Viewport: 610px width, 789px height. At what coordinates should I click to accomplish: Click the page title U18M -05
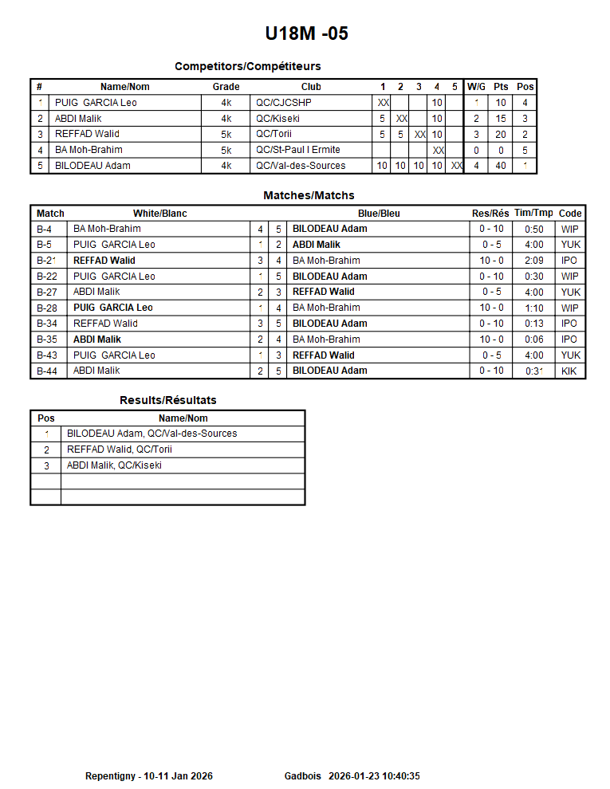[306, 33]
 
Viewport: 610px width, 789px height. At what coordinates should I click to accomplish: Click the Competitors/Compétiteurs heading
[247, 67]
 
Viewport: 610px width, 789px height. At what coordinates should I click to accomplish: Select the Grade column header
[226, 87]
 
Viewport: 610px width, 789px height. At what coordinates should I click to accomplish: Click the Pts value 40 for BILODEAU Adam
[501, 166]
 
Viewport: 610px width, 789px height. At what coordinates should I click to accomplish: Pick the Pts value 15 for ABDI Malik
[501, 119]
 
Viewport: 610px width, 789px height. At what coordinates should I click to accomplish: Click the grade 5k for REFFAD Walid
[226, 135]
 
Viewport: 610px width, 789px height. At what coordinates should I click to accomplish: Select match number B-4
[45, 230]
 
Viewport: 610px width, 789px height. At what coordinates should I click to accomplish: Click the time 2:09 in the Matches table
[533, 261]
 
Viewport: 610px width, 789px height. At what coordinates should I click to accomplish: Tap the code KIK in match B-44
[570, 371]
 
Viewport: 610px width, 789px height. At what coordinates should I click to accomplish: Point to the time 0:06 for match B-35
[533, 340]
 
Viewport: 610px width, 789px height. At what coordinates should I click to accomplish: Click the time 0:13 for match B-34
[533, 324]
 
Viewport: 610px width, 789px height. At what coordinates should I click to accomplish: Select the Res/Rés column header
[490, 214]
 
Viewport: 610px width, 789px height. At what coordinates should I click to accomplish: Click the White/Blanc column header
[159, 214]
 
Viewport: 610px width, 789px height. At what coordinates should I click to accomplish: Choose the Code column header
[570, 214]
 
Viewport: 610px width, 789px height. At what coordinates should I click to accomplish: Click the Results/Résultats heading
[167, 400]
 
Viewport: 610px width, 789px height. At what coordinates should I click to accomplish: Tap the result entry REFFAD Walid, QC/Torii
[120, 449]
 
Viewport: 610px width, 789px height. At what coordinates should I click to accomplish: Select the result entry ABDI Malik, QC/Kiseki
[114, 465]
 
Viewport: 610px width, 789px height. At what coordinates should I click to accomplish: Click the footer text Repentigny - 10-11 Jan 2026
[149, 776]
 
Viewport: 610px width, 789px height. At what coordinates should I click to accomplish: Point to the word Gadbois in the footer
[302, 776]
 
